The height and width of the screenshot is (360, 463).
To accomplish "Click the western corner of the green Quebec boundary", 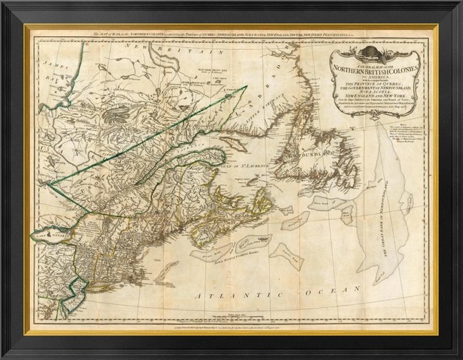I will click(x=48, y=182).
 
